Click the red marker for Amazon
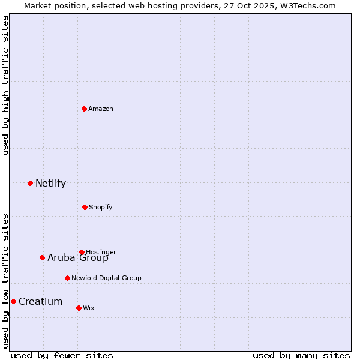[x=84, y=109]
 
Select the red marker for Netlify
[x=30, y=183]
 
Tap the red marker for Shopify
[x=85, y=207]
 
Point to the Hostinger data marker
[x=82, y=252]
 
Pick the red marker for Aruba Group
[x=42, y=257]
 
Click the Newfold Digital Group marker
[x=67, y=278]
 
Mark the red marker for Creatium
[x=13, y=301]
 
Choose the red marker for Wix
[x=79, y=308]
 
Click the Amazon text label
[x=101, y=109]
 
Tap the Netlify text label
[x=51, y=183]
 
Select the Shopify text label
[x=101, y=207]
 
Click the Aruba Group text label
[x=78, y=258]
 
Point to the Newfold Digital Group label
[x=106, y=278]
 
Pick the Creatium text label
[x=41, y=301]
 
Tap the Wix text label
[x=89, y=308]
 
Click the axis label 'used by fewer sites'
[x=62, y=355]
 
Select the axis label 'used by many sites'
[x=301, y=355]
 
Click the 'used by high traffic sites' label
[x=5, y=85]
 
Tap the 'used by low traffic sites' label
[x=5, y=281]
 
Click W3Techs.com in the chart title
[x=307, y=5]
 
